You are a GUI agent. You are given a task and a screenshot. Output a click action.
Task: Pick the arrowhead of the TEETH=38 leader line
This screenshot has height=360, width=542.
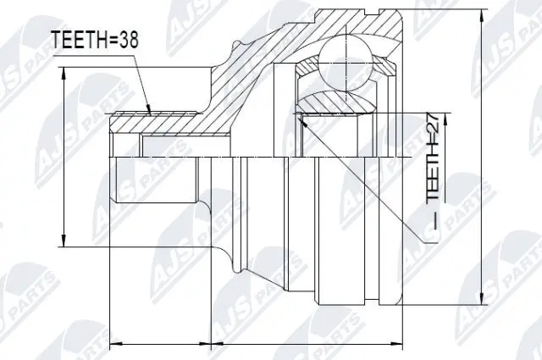coord(150,111)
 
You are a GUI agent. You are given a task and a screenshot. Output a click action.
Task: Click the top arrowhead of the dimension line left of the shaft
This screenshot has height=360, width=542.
coord(64,72)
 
